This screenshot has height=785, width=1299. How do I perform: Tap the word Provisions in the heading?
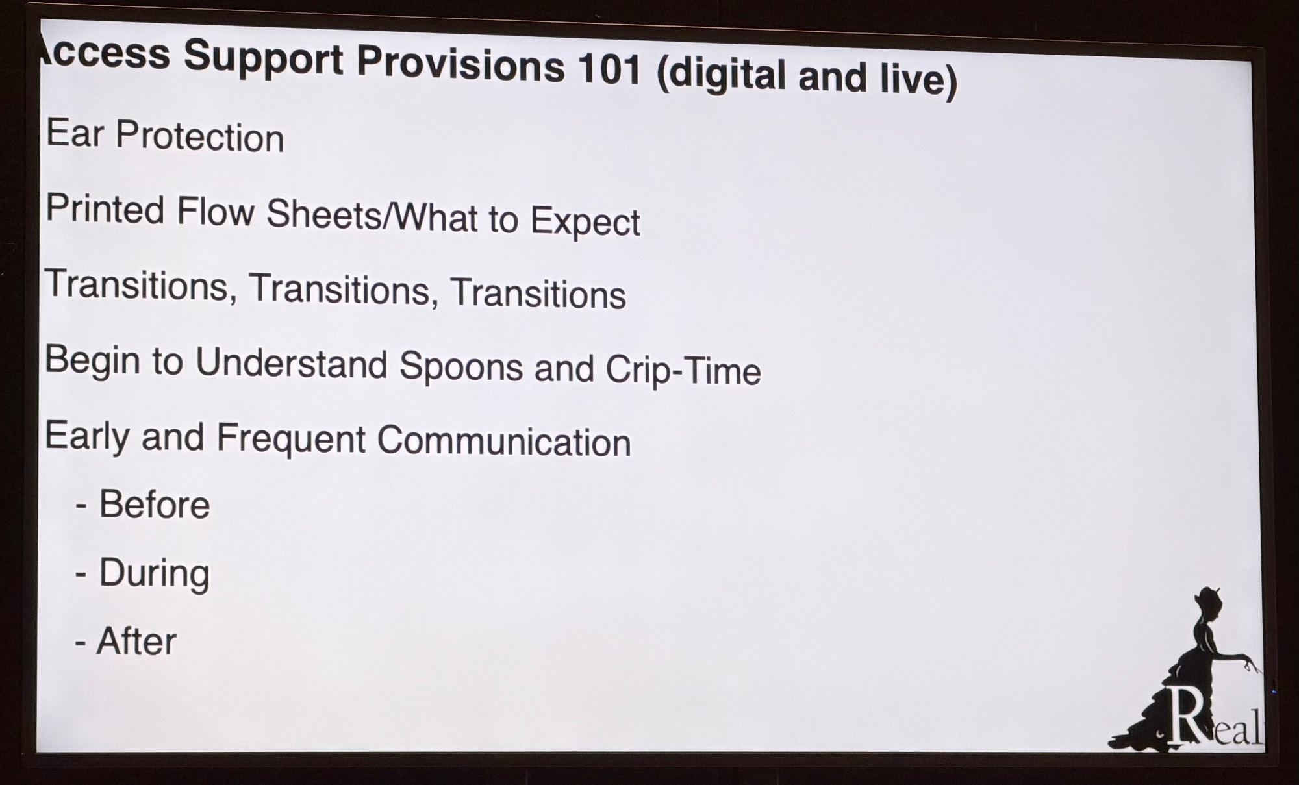click(x=460, y=64)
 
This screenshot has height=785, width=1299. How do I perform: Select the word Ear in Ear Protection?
click(x=75, y=133)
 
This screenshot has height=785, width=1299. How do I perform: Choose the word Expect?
click(x=585, y=223)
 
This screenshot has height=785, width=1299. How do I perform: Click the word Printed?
click(x=105, y=210)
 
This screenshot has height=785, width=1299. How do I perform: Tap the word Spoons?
click(x=461, y=366)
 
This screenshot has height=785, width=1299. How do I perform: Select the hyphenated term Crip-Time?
click(x=683, y=370)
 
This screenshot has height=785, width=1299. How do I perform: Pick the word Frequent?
click(x=291, y=438)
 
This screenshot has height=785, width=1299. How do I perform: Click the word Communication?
click(x=504, y=441)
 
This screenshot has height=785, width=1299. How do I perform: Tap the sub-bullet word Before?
click(x=155, y=504)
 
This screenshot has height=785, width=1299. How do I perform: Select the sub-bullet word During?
click(x=154, y=573)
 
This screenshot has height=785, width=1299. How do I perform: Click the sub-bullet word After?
click(x=136, y=641)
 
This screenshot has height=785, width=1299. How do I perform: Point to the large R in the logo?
click(x=1186, y=716)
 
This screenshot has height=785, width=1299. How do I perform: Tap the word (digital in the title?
click(x=722, y=73)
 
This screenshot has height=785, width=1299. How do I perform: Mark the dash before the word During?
click(x=81, y=575)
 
